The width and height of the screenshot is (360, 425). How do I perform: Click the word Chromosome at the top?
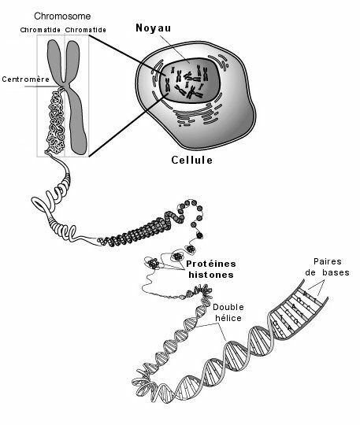[x=62, y=17]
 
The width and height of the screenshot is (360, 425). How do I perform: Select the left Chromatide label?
[x=40, y=30]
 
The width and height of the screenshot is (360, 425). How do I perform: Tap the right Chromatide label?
[x=85, y=30]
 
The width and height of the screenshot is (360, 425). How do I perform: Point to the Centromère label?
[x=26, y=79]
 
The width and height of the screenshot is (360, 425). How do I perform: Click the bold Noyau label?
[x=154, y=28]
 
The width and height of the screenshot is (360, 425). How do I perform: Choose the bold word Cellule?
[x=191, y=160]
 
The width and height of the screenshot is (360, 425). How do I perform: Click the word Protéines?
[x=211, y=264]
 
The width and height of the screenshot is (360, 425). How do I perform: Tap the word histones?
[x=211, y=275]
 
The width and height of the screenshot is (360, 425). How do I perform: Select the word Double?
[x=228, y=307]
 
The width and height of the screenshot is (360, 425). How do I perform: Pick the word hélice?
[x=228, y=318]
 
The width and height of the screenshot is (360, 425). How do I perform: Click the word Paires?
[x=328, y=261]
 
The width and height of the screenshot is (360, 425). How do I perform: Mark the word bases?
[x=336, y=272]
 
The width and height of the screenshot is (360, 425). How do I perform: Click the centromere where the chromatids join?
[x=65, y=84]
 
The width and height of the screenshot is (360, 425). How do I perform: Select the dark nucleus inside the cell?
[x=190, y=80]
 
